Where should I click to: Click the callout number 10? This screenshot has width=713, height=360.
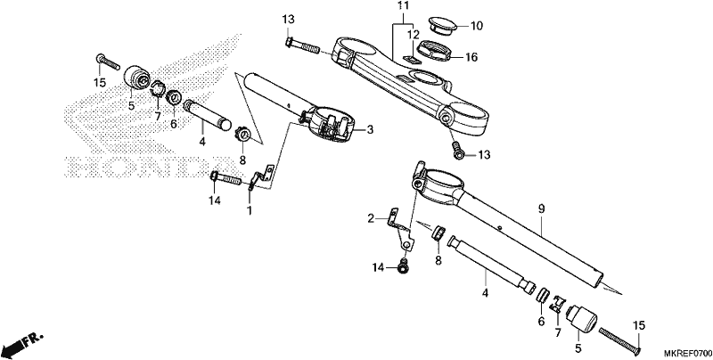(x=476, y=26)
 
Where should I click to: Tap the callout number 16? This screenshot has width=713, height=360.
(x=471, y=57)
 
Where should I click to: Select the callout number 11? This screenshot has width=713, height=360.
(x=403, y=6)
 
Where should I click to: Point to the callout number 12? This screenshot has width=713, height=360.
(x=414, y=35)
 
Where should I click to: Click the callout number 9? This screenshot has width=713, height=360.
(x=541, y=209)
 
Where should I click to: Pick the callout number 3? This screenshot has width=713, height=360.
(x=370, y=130)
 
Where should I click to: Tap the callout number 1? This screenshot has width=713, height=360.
(x=250, y=211)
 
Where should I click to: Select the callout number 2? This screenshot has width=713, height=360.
(x=371, y=218)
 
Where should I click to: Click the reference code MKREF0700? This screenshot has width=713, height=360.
(x=688, y=354)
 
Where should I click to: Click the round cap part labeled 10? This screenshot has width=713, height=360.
(x=443, y=26)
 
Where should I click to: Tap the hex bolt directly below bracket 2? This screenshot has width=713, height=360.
(x=403, y=266)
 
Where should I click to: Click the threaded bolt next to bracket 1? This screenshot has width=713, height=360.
(x=226, y=178)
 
